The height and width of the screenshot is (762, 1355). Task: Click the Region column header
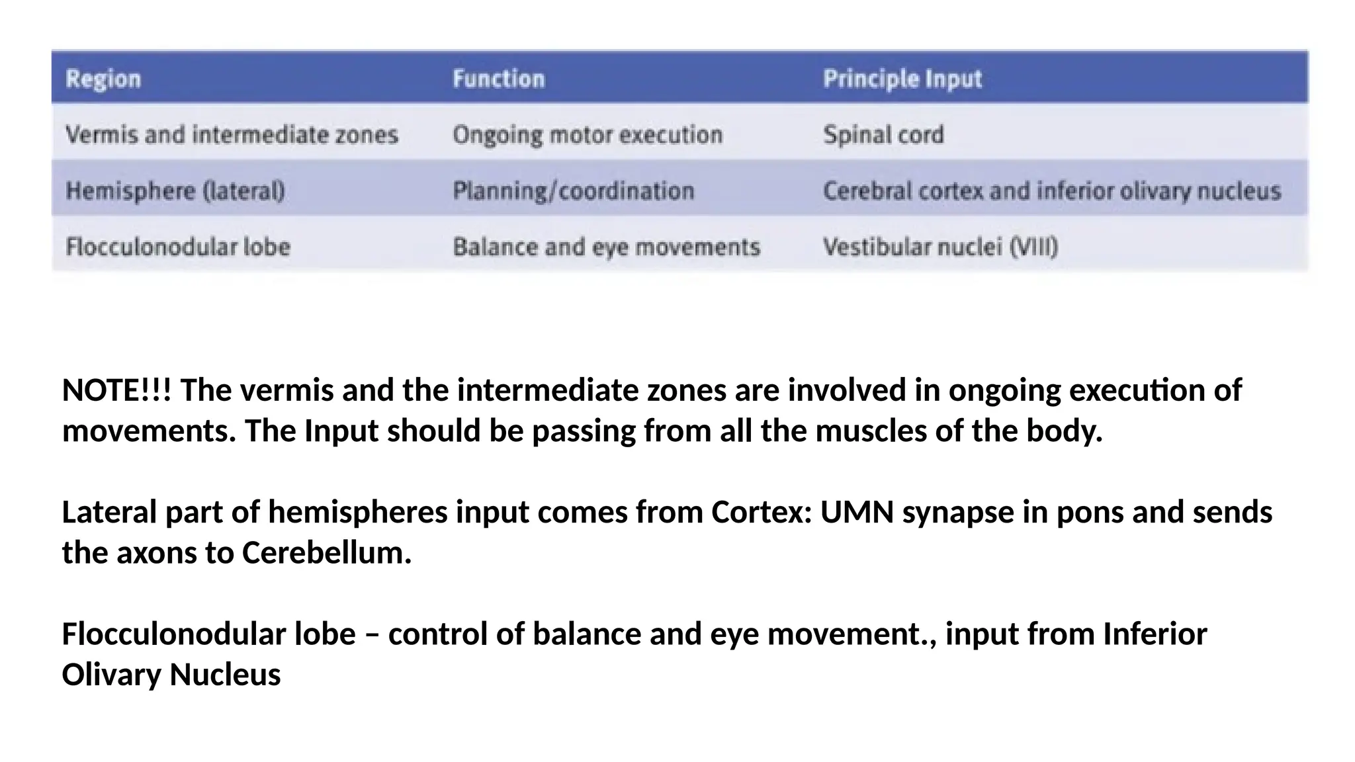(x=103, y=79)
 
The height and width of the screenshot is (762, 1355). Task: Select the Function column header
(x=499, y=79)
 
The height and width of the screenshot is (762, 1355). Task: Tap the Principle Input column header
(x=902, y=79)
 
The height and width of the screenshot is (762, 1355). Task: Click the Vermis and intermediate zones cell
(x=232, y=135)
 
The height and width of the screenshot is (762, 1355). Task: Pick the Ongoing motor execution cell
(x=588, y=135)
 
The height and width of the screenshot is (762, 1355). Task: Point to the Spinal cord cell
(x=883, y=135)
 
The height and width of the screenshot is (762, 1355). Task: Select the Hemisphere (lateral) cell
(x=175, y=191)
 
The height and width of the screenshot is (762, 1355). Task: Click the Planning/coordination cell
(x=573, y=191)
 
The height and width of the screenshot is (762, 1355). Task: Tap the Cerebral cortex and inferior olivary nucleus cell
(x=1052, y=191)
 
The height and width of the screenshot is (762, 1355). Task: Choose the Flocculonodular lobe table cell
(x=178, y=247)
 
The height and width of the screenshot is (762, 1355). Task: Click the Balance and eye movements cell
(x=606, y=247)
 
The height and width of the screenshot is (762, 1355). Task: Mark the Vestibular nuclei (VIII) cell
(x=940, y=247)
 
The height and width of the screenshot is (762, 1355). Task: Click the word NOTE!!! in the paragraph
(x=116, y=390)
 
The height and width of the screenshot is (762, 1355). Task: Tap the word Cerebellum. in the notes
(x=327, y=553)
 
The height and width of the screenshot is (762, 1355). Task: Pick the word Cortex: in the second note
(x=762, y=513)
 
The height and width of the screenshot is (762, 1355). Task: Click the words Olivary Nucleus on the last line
(x=171, y=675)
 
